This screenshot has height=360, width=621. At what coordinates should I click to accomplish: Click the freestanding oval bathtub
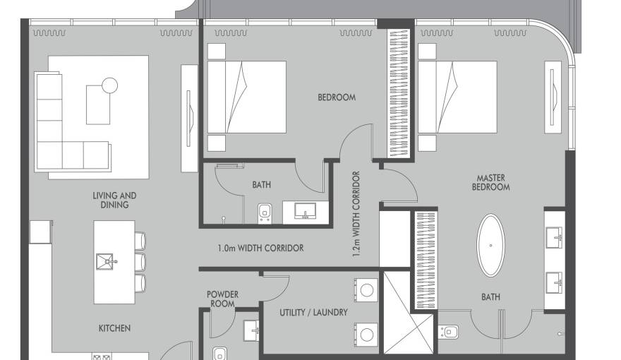pyautogui.click(x=490, y=246)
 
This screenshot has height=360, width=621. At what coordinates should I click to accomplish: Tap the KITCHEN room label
pyautogui.click(x=114, y=328)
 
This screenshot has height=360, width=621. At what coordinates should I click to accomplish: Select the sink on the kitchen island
pyautogui.click(x=105, y=262)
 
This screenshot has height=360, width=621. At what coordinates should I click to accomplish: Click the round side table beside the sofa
pyautogui.click(x=109, y=85)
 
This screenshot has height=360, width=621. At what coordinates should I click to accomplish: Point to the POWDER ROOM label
pyautogui.click(x=222, y=299)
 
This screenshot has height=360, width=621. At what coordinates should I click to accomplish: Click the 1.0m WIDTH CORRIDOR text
pyautogui.click(x=260, y=248)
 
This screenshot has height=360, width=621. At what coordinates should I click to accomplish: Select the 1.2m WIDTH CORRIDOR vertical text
pyautogui.click(x=356, y=214)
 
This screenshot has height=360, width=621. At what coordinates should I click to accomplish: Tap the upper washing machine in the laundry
pyautogui.click(x=366, y=290)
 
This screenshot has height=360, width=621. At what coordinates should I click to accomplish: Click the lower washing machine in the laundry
pyautogui.click(x=366, y=335)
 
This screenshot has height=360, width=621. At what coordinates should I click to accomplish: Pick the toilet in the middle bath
pyautogui.click(x=265, y=213)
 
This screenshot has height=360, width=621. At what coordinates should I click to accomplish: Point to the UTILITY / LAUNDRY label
pyautogui.click(x=313, y=313)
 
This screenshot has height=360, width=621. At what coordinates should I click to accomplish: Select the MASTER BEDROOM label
pyautogui.click(x=490, y=183)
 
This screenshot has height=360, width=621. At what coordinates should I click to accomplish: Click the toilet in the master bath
pyautogui.click(x=448, y=332)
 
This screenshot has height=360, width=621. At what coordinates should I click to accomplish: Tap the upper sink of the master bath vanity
pyautogui.click(x=555, y=238)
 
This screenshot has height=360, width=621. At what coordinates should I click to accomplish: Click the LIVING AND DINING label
pyautogui.click(x=114, y=200)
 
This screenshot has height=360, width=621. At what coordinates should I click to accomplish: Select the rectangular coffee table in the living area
pyautogui.click(x=98, y=104)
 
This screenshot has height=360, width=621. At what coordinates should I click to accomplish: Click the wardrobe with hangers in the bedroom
pyautogui.click(x=399, y=92)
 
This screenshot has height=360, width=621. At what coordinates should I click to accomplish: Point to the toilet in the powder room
pyautogui.click(x=219, y=353)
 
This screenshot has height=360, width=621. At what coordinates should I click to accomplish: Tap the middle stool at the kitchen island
pyautogui.click(x=140, y=262)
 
